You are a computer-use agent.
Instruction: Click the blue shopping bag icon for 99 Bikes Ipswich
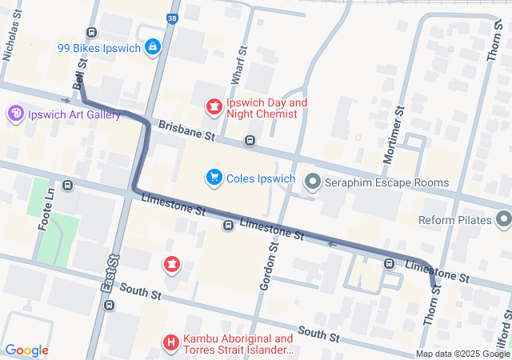click(152, 47)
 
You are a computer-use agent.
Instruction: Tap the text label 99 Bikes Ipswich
click(98, 48)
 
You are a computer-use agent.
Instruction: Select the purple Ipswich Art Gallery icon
click(15, 114)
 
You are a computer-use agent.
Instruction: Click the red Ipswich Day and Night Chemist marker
click(214, 105)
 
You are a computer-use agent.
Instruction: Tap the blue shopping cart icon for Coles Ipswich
click(214, 177)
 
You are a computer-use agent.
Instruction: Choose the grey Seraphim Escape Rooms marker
click(313, 183)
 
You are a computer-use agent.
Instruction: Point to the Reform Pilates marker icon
click(503, 218)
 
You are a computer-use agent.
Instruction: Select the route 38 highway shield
click(173, 17)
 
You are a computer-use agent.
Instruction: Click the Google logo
click(26, 350)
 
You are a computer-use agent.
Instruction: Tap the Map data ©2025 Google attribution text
click(462, 354)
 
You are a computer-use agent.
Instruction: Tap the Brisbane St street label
click(188, 132)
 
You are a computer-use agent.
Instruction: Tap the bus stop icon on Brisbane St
click(250, 142)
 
